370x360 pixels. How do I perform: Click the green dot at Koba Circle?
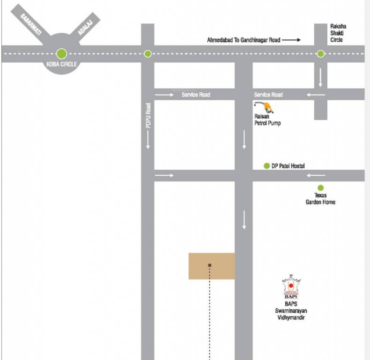pos(61,53)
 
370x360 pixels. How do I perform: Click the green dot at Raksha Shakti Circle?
pos(320,54)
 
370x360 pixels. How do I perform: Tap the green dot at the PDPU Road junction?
pos(148,54)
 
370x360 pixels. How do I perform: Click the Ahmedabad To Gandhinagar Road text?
pos(244,40)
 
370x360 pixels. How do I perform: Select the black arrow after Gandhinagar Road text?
pos(291,40)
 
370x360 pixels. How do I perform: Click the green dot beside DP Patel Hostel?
pos(267,165)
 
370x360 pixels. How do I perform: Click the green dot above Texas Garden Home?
pos(320,187)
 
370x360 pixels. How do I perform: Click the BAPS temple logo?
pos(290,287)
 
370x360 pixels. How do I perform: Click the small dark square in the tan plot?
pos(210,265)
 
